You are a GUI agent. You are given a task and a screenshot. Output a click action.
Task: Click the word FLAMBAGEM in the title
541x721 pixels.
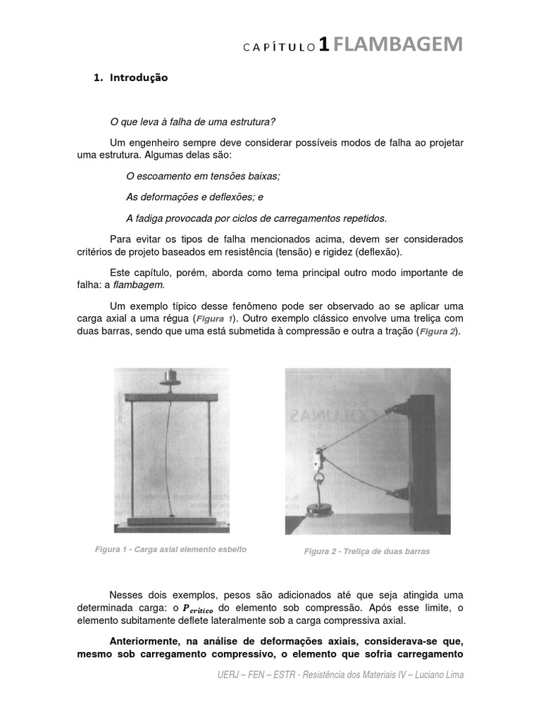point(398,45)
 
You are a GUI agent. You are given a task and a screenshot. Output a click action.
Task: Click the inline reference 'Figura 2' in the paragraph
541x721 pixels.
point(437,332)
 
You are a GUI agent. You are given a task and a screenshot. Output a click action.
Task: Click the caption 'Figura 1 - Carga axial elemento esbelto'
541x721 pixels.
point(170,549)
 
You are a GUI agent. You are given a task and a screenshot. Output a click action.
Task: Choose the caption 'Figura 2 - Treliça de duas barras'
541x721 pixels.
point(366,551)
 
